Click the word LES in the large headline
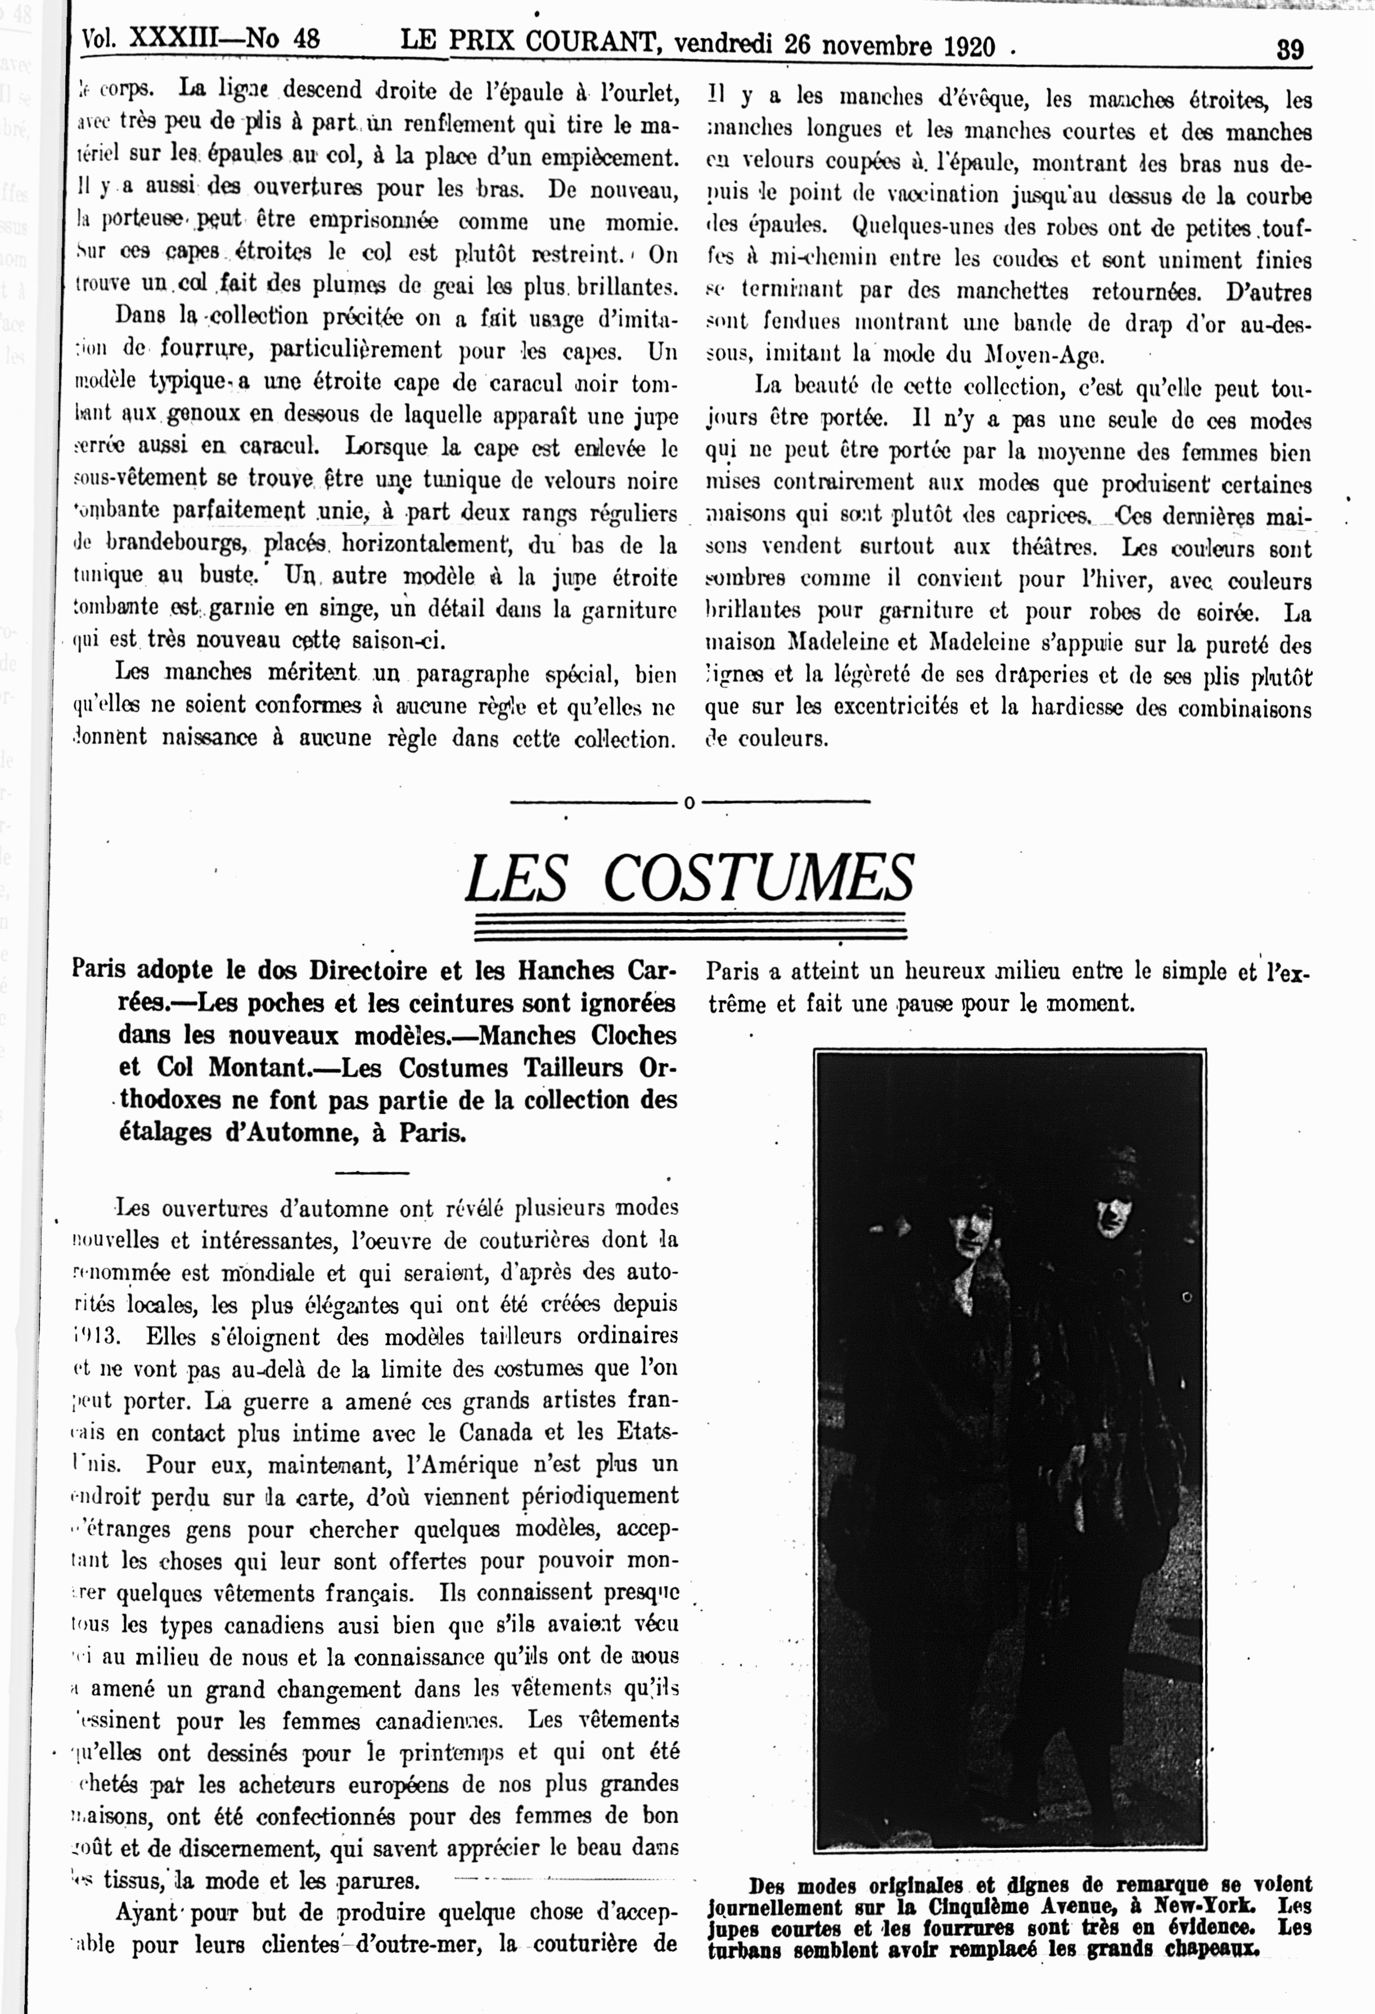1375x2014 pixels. [x=517, y=879]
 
